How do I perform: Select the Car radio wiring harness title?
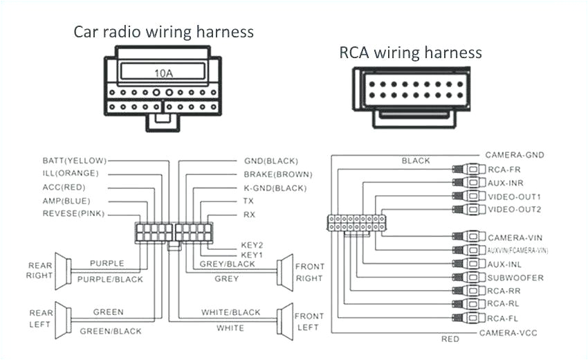point(164,32)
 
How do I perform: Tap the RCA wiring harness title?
point(410,53)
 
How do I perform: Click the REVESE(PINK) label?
point(73,214)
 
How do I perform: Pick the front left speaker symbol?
point(284,320)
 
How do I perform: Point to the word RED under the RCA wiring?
point(450,339)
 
